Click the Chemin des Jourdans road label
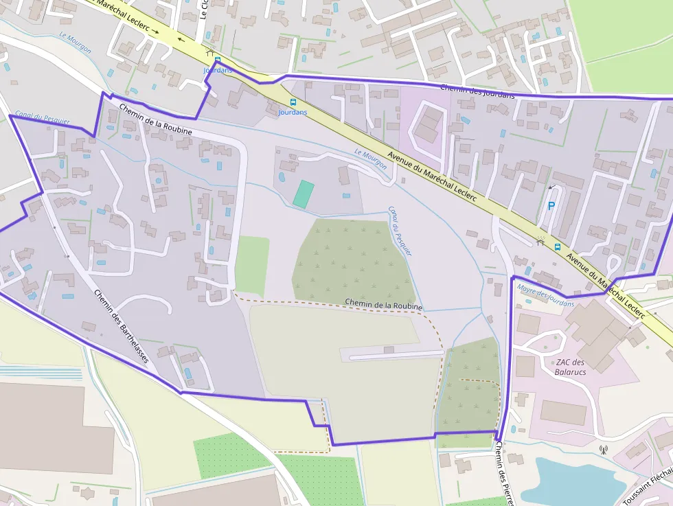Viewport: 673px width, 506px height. pos(477,91)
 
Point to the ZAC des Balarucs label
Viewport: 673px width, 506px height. pos(570,367)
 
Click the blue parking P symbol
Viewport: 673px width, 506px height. pos(551,205)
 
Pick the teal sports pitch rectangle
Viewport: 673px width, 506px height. pos(303,194)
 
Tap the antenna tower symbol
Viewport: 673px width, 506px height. pos(603,451)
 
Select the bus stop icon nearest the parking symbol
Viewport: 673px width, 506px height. pos(557,247)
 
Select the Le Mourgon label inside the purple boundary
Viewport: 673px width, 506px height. pos(371,159)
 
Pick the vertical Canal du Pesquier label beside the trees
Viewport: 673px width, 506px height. pos(400,231)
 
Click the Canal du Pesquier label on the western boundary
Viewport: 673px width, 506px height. pos(43,118)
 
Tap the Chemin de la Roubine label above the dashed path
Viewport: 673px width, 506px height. pos(383,304)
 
